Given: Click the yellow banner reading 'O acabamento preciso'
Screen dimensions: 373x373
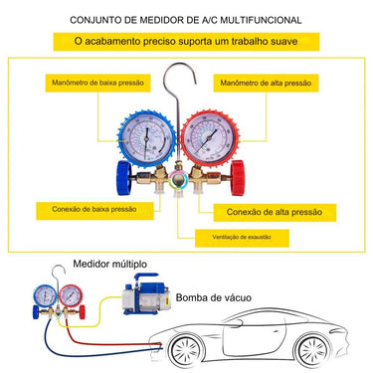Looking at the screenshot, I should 186,41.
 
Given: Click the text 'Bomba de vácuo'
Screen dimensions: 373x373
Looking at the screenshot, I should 217,296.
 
